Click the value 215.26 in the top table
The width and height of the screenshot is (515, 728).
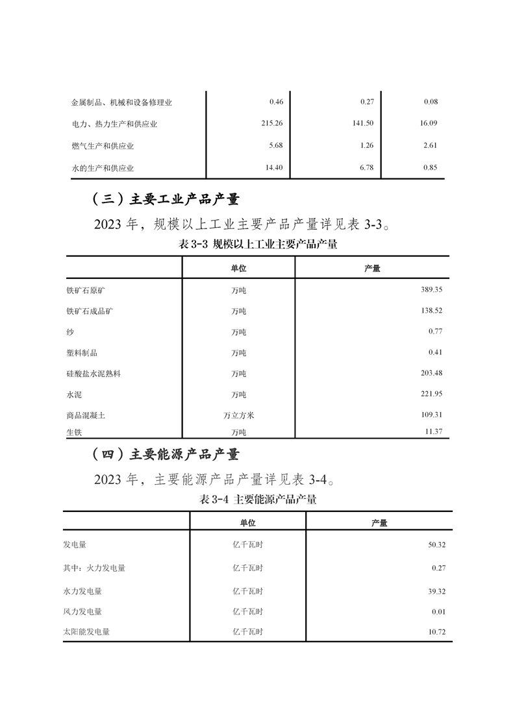271,123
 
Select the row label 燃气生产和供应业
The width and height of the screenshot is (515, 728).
103,146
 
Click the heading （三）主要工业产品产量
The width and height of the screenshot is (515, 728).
166,199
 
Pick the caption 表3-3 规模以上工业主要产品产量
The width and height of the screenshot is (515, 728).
257,245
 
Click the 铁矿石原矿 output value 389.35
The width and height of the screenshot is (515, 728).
431,290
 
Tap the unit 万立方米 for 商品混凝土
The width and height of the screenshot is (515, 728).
238,415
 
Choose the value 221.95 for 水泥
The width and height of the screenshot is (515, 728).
431,394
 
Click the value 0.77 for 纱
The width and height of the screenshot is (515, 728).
435,332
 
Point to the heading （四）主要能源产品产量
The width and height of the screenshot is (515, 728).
166,454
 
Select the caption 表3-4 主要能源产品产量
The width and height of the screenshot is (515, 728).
257,500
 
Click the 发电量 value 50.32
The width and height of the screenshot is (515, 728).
436,544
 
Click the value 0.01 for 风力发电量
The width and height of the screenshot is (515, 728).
438,611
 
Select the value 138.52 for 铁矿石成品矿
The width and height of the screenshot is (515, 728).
431,311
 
